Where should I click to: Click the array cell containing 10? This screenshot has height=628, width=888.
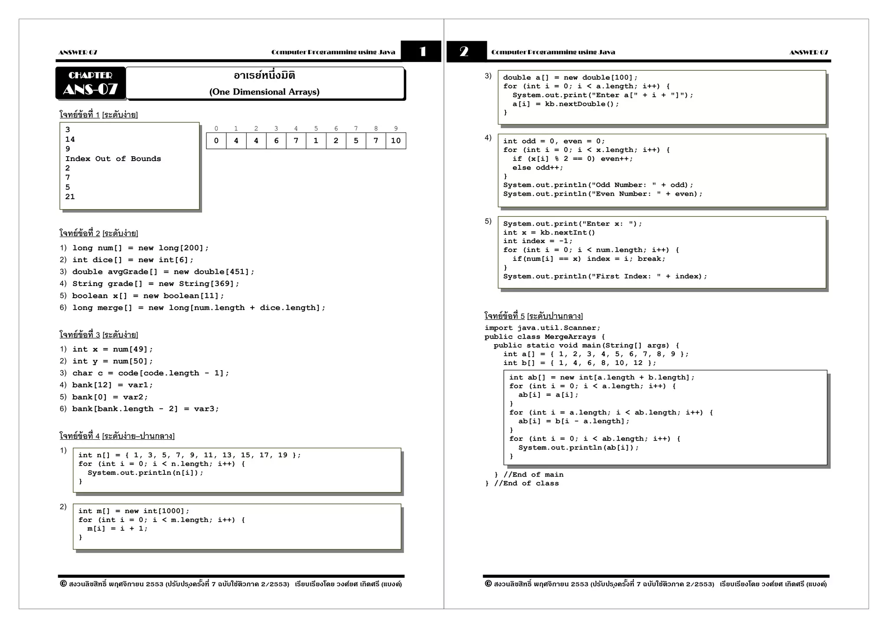tap(395, 141)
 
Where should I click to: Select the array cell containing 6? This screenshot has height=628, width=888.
tap(276, 141)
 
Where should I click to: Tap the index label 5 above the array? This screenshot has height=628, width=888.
tap(316, 128)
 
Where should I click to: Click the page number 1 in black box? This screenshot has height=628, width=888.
tap(422, 52)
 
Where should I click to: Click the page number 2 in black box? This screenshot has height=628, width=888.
tap(464, 52)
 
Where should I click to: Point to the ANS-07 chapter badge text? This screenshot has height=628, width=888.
tap(90, 89)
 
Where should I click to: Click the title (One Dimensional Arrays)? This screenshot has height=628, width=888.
tap(264, 92)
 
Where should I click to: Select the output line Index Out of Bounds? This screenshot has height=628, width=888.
tap(113, 159)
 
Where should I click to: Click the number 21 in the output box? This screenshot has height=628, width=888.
tap(70, 197)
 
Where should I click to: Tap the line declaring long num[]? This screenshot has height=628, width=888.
tap(140, 248)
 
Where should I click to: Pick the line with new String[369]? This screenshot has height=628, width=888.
tap(156, 284)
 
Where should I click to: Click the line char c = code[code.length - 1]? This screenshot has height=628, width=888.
tap(150, 373)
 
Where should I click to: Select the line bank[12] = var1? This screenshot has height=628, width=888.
tap(112, 385)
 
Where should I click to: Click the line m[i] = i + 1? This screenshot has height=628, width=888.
tap(117, 529)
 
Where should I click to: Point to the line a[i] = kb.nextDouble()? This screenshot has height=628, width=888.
tap(566, 104)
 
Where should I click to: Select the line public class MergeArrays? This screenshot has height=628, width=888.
tap(545, 337)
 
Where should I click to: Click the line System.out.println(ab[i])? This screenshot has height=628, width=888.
tap(578, 447)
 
